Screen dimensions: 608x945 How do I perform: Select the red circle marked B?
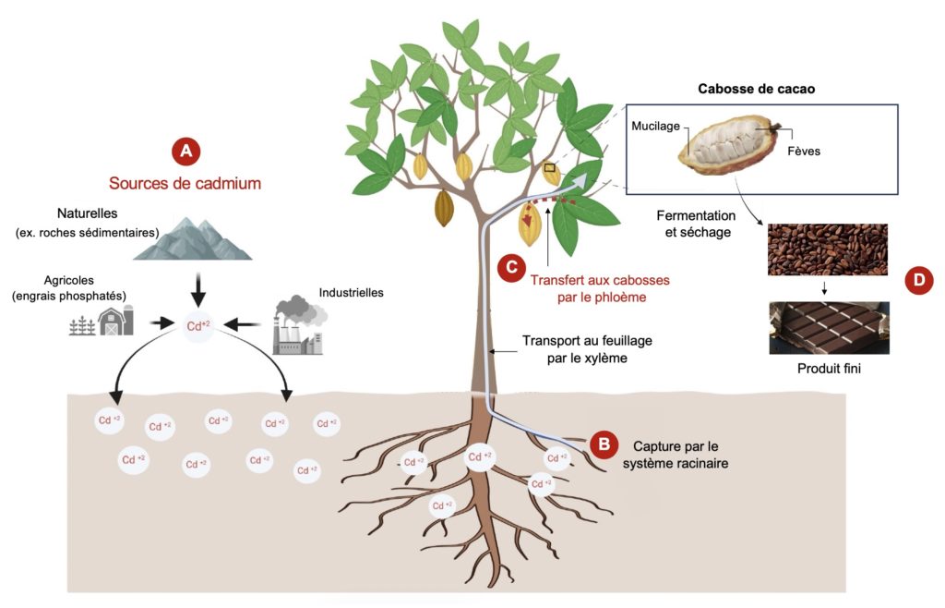click(x=604, y=444)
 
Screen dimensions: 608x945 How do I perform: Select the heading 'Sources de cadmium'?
click(x=185, y=183)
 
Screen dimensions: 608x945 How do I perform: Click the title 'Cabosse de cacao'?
click(x=760, y=89)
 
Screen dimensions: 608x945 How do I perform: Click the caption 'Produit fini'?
click(x=827, y=369)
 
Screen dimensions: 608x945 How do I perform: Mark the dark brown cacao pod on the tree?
click(x=444, y=208)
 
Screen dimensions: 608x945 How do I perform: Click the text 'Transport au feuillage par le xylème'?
click(x=587, y=349)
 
